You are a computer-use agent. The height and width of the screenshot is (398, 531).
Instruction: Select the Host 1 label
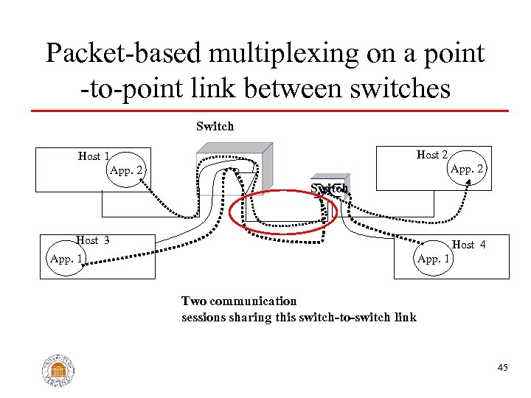click(x=94, y=156)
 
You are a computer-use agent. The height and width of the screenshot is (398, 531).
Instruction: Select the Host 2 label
click(x=432, y=155)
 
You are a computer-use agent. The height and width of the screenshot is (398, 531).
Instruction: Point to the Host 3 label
click(x=93, y=240)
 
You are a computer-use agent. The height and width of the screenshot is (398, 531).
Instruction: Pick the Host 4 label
click(x=468, y=244)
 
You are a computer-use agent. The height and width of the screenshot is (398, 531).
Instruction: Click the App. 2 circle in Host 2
click(x=466, y=170)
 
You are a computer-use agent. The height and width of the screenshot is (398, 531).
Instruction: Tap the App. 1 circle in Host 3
click(x=66, y=259)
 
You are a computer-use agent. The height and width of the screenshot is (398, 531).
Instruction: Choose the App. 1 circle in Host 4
click(x=434, y=259)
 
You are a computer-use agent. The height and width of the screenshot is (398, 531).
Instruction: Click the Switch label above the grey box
click(x=215, y=126)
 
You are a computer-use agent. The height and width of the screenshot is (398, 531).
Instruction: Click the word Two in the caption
click(x=194, y=301)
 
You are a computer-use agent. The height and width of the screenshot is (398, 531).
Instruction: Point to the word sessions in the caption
click(x=205, y=317)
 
